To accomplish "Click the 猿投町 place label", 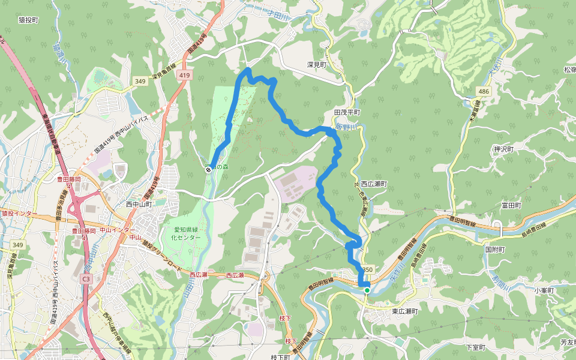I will pos(28,20).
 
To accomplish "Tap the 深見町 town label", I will pos(316,64).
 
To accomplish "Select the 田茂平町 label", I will pos(347,112).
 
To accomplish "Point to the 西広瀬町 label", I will pos(374,184).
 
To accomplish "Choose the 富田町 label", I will pos(511,205).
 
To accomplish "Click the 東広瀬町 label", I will pos(404,311).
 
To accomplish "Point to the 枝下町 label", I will pos(280,356).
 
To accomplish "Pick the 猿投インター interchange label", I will pos(19,214).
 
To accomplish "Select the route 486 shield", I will pos(484,91).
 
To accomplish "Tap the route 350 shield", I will pos(367,270).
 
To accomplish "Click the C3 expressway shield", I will pos(86,279).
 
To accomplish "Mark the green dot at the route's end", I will pos(367,290).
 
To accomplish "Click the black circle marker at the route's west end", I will pos(208,170).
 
